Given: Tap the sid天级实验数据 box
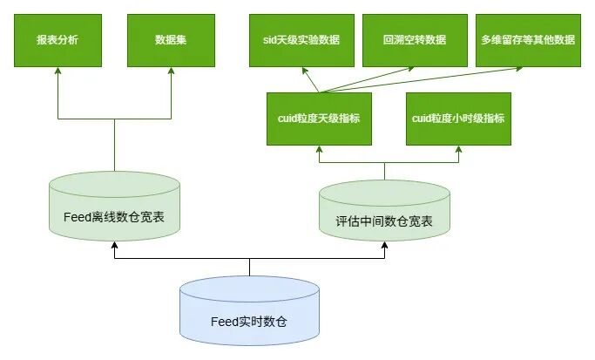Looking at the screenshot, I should [301, 40].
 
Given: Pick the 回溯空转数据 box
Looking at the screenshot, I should [415, 40].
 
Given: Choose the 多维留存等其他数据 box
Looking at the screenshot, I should [528, 40].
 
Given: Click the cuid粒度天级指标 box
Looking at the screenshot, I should [319, 119].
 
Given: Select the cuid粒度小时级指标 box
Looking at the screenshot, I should [458, 119].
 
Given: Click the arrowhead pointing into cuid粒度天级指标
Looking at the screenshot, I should [319, 150].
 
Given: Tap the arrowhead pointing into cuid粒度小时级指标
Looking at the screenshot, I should [458, 150].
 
